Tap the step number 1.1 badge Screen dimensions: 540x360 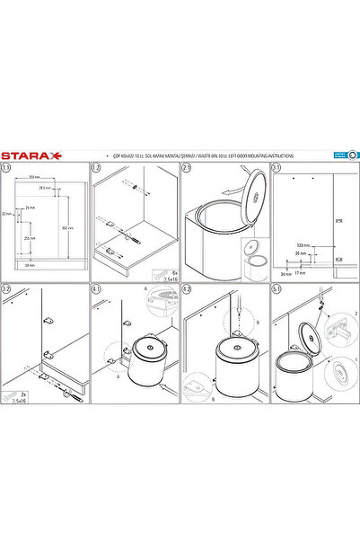tap(7, 167)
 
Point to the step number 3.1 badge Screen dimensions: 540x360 tap(276, 167)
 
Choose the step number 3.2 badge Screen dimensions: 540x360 tap(7, 288)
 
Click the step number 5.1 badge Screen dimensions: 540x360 tap(276, 288)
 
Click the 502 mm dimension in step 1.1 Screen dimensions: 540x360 tap(68, 226)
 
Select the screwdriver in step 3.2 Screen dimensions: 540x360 tap(65, 391)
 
